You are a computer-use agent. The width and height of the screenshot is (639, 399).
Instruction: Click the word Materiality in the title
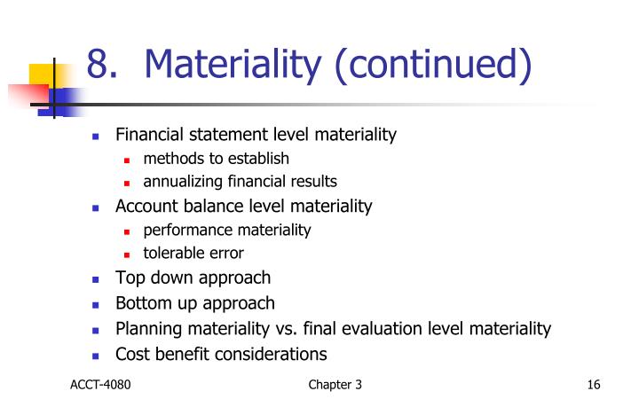[x=233, y=65]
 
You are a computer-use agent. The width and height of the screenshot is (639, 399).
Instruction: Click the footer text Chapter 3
[x=335, y=384]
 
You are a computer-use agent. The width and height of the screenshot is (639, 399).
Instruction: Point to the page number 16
[x=594, y=384]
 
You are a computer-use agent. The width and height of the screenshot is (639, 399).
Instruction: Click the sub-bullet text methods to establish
[x=216, y=159]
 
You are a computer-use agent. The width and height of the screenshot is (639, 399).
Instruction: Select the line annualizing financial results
[x=240, y=182]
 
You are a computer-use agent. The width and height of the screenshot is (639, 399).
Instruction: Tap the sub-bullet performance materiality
[x=227, y=230]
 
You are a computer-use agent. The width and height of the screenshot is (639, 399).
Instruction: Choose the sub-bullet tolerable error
[x=193, y=253]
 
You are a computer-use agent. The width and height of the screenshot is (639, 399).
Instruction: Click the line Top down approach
[x=193, y=278]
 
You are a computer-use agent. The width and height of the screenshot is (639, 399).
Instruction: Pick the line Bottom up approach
[x=195, y=303]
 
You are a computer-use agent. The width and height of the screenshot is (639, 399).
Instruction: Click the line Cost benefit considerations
[x=221, y=354]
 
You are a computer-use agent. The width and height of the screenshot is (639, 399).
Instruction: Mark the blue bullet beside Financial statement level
[x=97, y=137]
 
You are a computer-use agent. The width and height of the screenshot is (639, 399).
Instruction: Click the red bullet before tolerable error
[x=128, y=254]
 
